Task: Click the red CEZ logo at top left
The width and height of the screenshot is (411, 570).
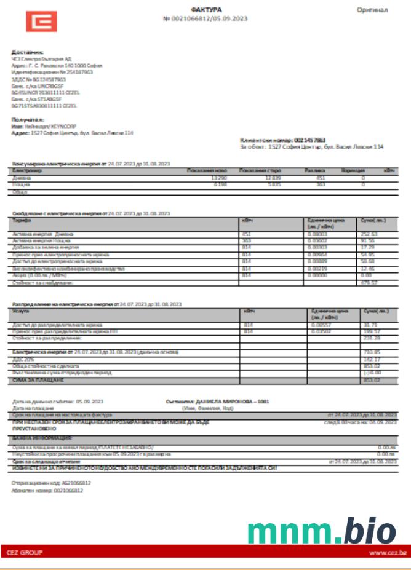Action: (x=41, y=22)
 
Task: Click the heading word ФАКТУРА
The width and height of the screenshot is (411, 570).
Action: (x=207, y=10)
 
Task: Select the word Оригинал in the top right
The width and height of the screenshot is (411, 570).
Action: (x=372, y=10)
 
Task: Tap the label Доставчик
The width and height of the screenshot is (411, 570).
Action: (x=27, y=52)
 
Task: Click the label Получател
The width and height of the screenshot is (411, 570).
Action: (x=28, y=119)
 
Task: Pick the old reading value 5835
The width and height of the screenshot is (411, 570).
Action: (x=274, y=183)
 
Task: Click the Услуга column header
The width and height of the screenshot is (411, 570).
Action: (x=22, y=311)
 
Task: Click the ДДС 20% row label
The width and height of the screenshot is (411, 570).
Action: (x=23, y=358)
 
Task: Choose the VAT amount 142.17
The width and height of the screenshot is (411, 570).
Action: (x=372, y=358)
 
